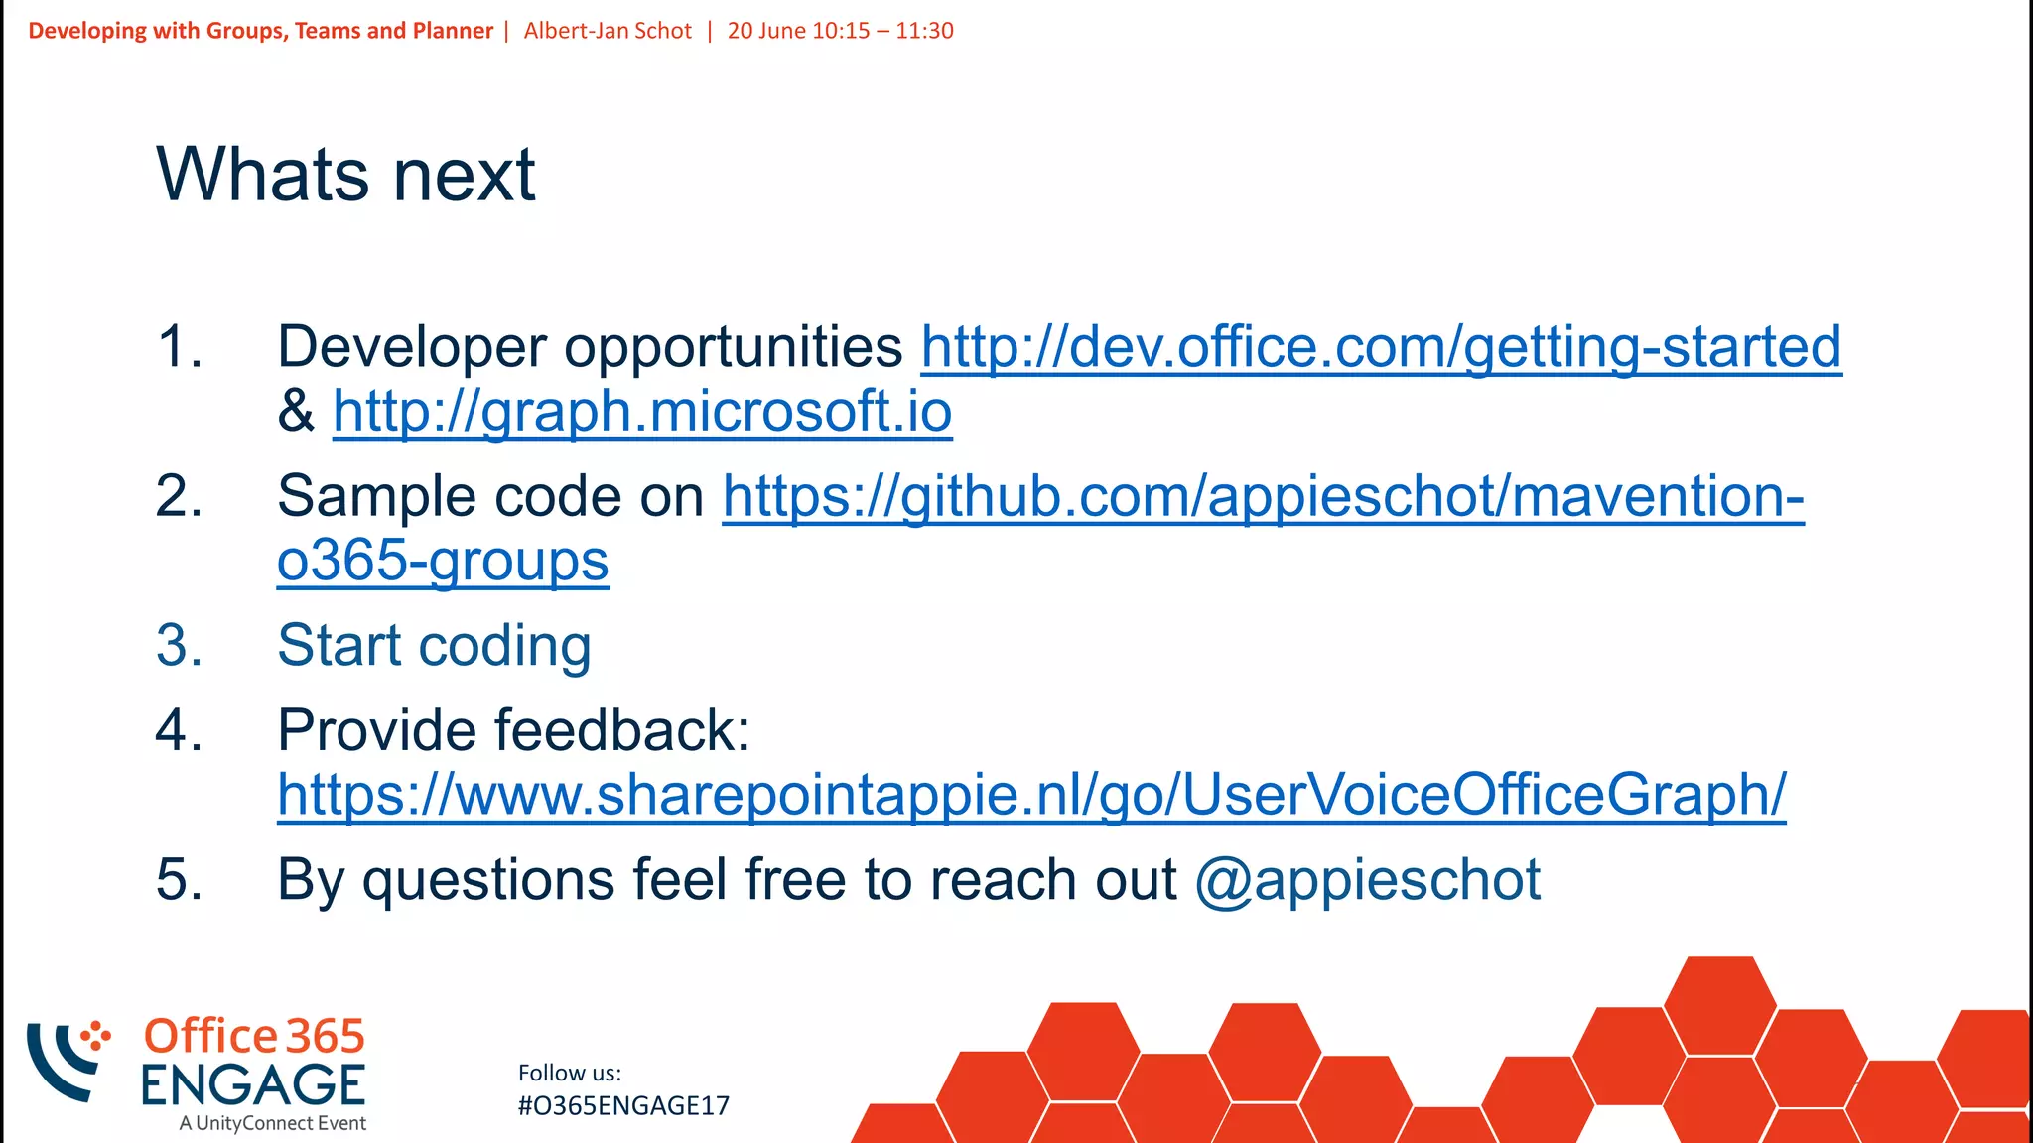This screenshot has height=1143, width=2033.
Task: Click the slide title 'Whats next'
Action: [x=345, y=175]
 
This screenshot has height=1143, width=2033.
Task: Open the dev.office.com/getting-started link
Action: [x=1381, y=347]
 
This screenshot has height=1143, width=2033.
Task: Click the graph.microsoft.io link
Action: [x=642, y=412]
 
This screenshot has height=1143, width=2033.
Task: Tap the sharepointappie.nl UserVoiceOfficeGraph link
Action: [x=1031, y=795]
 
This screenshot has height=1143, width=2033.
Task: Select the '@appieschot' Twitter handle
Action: [x=1367, y=880]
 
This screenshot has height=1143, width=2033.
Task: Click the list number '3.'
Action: [x=180, y=646]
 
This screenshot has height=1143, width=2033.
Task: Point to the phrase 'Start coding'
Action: [x=434, y=646]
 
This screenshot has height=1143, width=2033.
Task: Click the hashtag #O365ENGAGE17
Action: [x=623, y=1106]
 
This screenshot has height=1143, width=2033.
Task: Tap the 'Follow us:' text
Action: [x=570, y=1073]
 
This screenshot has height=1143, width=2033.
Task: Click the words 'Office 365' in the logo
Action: [x=254, y=1037]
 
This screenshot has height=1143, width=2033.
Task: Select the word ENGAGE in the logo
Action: [x=253, y=1084]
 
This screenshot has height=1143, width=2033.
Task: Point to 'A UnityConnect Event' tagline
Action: [x=272, y=1124]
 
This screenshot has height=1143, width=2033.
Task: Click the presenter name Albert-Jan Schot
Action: [x=608, y=31]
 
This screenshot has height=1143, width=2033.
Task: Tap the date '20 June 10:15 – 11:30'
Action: [x=840, y=31]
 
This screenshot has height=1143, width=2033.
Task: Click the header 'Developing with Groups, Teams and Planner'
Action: [x=260, y=31]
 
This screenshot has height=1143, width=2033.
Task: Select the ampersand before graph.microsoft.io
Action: [x=296, y=412]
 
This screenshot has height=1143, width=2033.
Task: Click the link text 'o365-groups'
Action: [x=443, y=562]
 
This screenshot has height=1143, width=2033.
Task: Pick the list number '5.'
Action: [x=180, y=880]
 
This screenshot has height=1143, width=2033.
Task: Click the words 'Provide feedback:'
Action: [x=513, y=731]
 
